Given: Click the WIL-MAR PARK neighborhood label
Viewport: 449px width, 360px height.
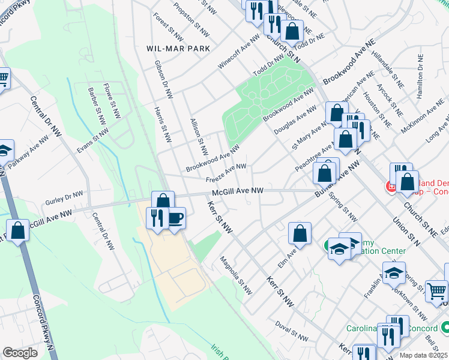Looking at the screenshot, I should point(178,48).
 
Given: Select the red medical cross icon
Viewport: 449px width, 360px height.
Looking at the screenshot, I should point(391,187).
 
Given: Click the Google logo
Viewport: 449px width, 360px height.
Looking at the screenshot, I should point(20,353).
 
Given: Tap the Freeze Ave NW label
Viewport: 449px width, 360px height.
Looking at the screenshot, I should point(226,173).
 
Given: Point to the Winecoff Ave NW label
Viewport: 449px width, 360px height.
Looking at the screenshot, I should point(240,51).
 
